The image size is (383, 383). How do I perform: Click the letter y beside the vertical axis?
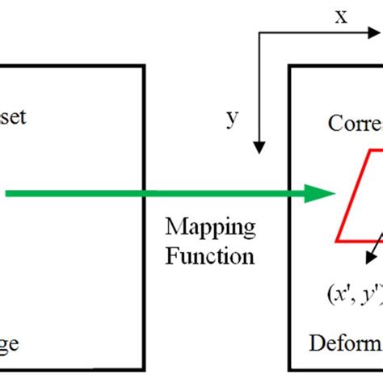[232, 119]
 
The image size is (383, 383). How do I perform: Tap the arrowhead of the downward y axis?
[259, 147]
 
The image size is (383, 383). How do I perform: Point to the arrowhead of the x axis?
[376, 34]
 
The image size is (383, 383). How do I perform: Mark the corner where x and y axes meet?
[259, 34]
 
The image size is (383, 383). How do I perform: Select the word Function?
[210, 256]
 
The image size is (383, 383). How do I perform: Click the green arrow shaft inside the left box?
[73, 192]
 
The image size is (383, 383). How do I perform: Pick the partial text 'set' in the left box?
[14, 116]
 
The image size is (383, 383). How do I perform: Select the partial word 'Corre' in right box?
[355, 124]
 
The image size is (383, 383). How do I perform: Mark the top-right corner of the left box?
[145, 67]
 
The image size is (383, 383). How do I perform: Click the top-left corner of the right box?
[290, 67]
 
